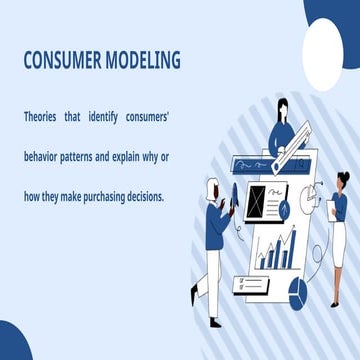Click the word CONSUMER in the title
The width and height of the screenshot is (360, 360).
coord(63,61)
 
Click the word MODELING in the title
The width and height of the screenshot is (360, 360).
coord(144,61)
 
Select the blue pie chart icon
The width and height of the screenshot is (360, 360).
coord(297,291)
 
